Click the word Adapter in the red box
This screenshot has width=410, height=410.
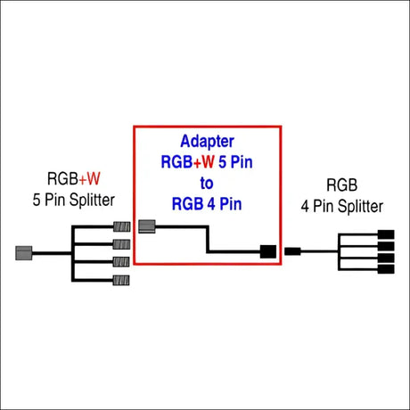coord(207,142)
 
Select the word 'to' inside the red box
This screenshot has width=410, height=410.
coord(207,183)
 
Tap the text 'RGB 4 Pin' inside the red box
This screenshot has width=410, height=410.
coord(207,203)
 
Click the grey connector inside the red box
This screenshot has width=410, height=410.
coord(148,225)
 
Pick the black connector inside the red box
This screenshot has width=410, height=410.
coord(267,251)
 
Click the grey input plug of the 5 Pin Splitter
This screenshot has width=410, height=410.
coord(24,252)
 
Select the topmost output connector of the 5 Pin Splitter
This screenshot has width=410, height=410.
coord(122,227)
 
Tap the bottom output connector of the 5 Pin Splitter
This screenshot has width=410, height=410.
coord(122,281)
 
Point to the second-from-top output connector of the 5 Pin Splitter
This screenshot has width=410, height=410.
coord(122,243)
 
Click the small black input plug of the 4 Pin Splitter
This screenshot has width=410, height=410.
coord(292,251)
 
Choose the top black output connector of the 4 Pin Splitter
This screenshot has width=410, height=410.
coord(386,234)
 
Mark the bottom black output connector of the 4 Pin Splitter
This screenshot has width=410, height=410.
coord(386,268)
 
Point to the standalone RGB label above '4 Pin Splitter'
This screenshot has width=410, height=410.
coord(342,186)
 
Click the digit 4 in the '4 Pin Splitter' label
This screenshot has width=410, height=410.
coord(306,206)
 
